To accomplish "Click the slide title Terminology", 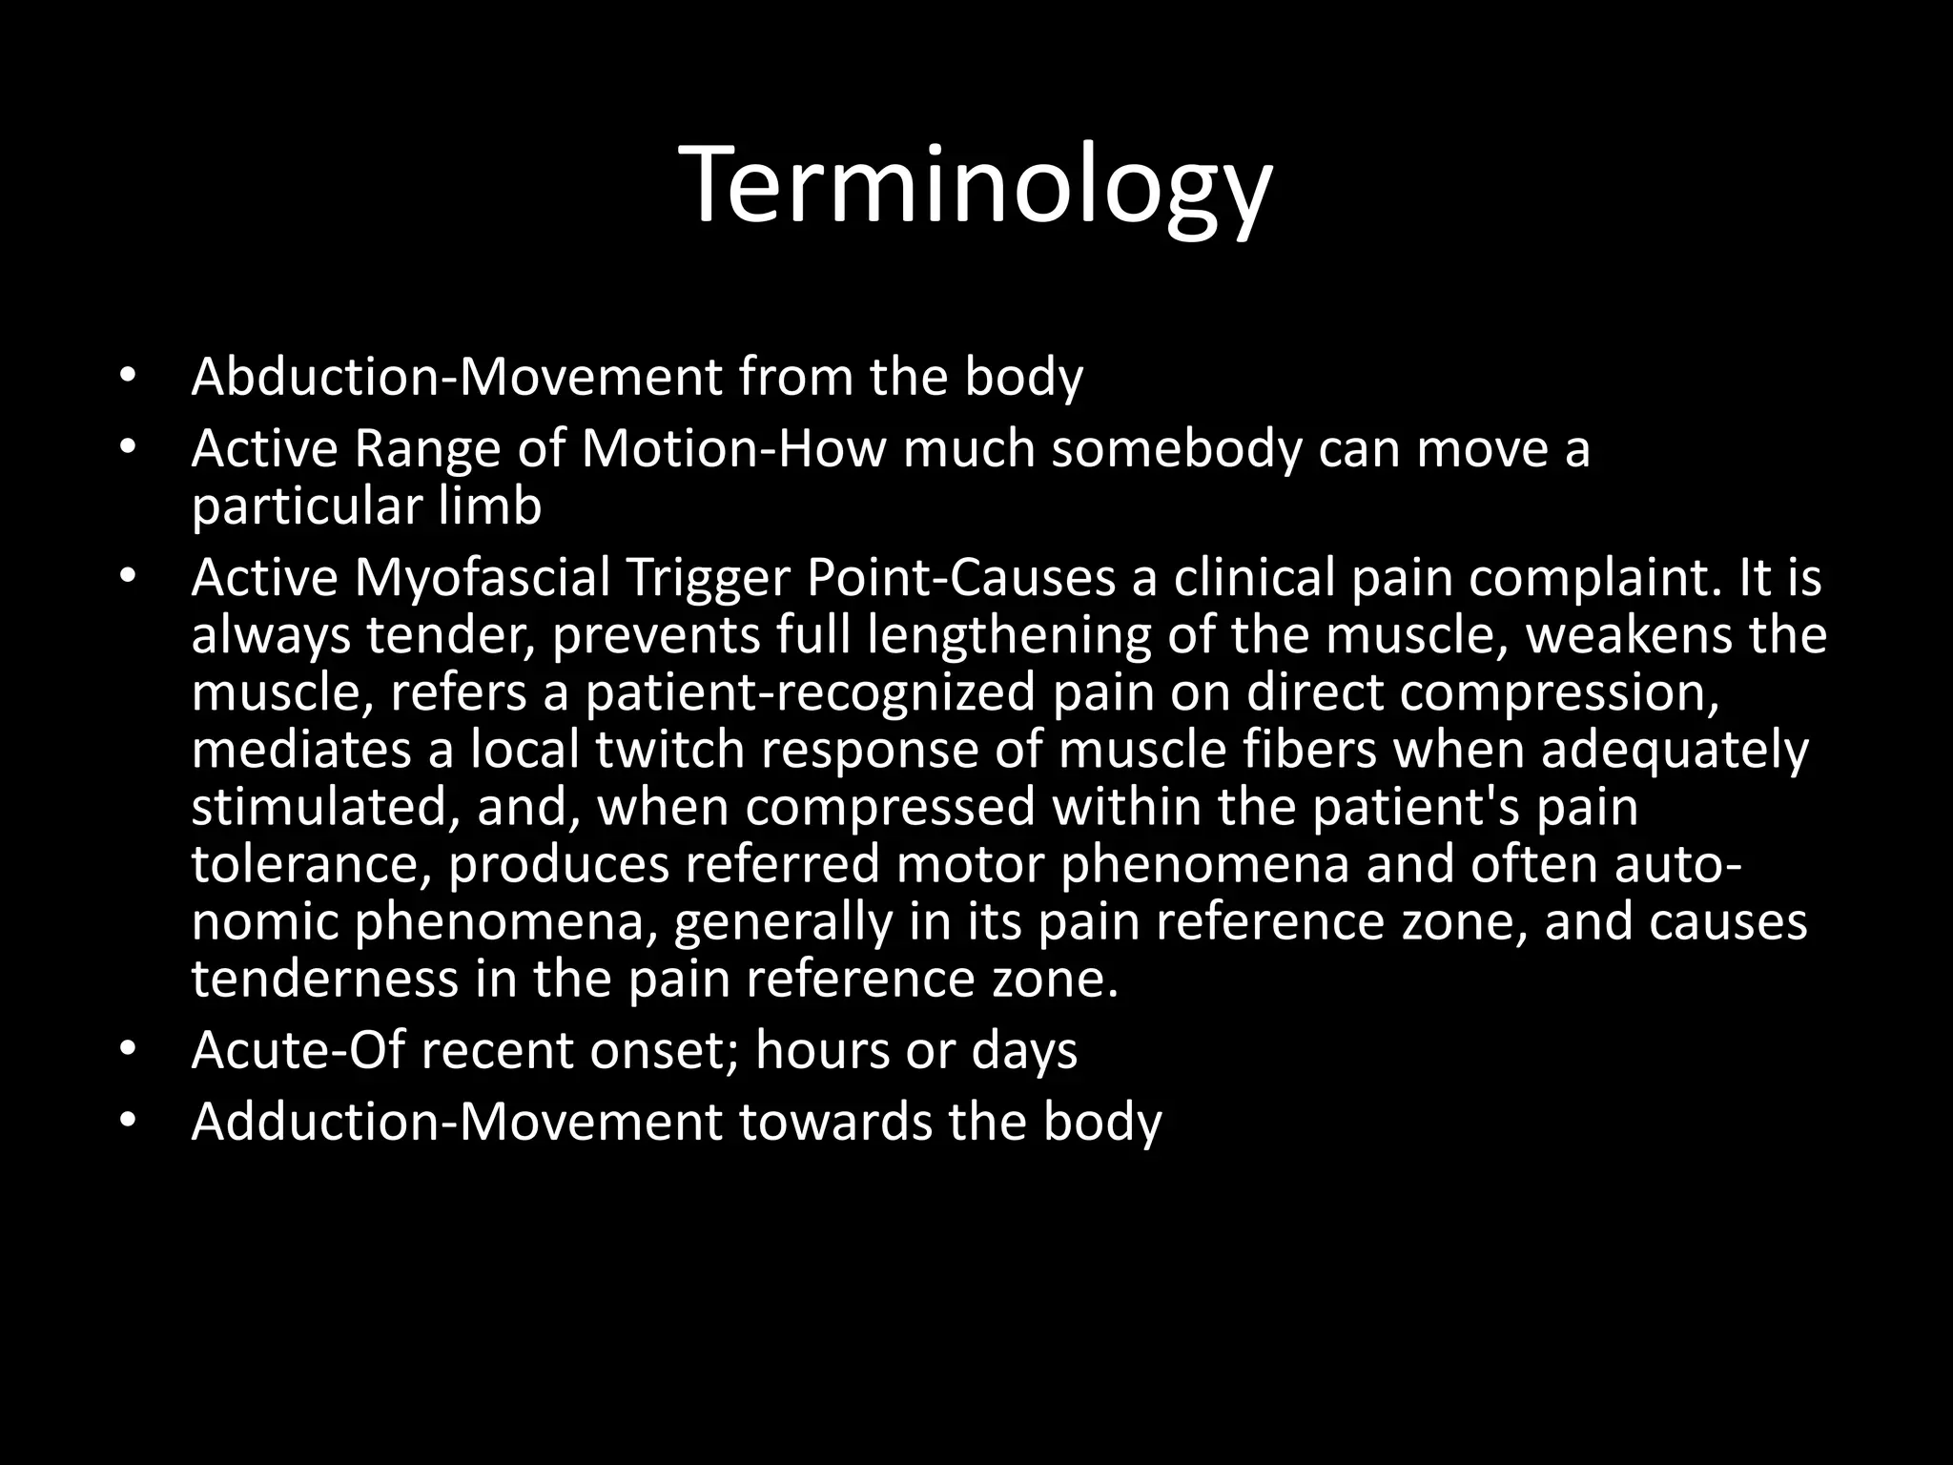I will (976, 186).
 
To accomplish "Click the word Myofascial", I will (482, 578).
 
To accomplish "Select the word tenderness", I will (324, 979).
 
